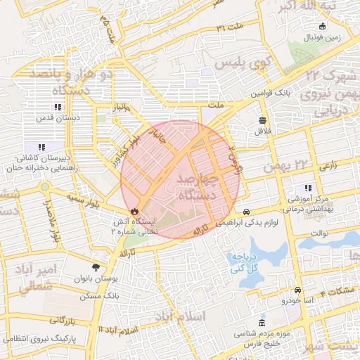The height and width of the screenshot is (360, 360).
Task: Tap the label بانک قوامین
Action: pos(291,92)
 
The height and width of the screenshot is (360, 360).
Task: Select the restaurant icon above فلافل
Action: pos(262,120)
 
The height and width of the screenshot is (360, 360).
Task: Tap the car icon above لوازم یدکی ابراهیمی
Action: pos(246,212)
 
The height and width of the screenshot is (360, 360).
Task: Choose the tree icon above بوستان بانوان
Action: pos(96,267)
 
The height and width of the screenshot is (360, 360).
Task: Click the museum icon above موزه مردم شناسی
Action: pos(262,321)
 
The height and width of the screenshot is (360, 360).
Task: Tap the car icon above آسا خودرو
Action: pos(298,290)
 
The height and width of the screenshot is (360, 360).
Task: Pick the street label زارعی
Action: pos(324,166)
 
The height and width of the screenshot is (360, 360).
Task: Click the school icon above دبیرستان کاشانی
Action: pos(42,147)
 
